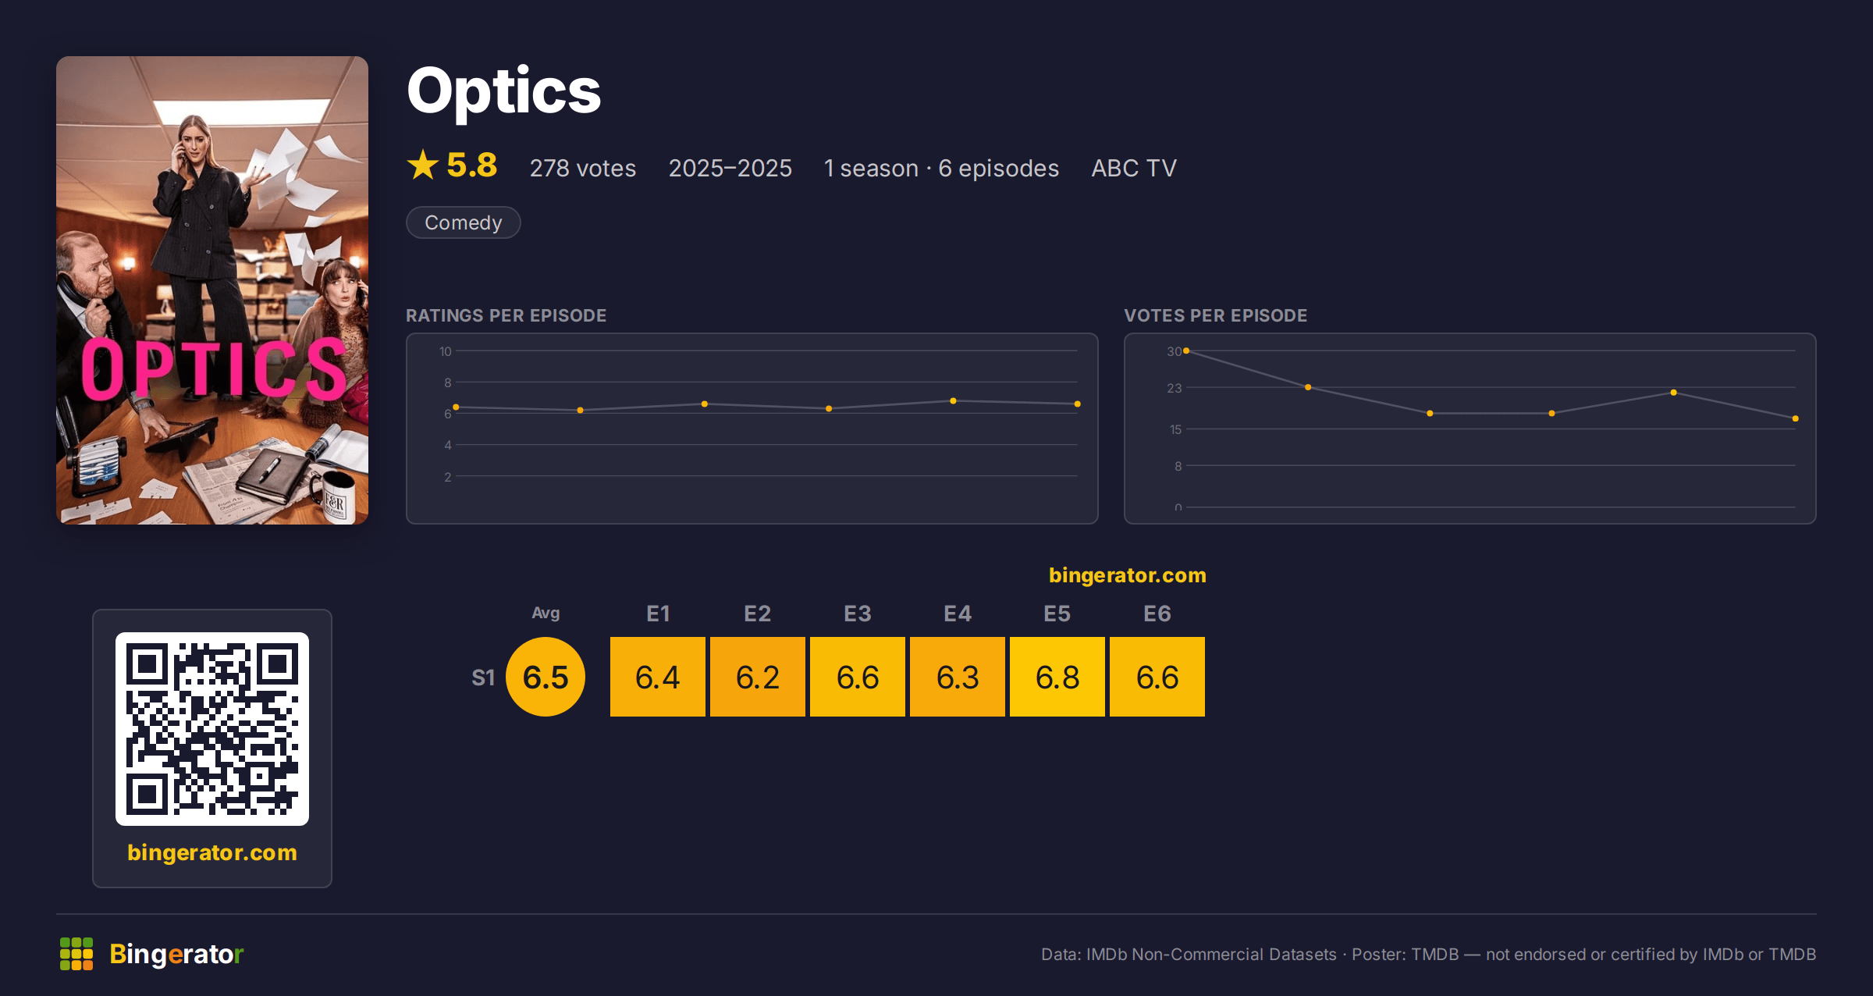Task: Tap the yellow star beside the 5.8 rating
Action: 423,165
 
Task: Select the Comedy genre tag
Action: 464,222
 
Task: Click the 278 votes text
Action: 583,168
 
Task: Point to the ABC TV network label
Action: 1134,168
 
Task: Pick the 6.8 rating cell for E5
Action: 1057,677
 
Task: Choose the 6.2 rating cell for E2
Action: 758,677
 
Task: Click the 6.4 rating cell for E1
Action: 658,677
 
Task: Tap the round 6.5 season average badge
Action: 546,677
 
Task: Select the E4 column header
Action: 958,614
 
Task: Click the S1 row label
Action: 483,678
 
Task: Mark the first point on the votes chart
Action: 1186,351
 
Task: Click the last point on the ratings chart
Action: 1078,404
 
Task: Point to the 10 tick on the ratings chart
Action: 446,351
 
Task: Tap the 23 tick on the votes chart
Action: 1175,388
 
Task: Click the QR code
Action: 212,729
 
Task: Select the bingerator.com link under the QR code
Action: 212,852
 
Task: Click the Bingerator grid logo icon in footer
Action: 76,954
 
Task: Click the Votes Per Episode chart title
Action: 1216,315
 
